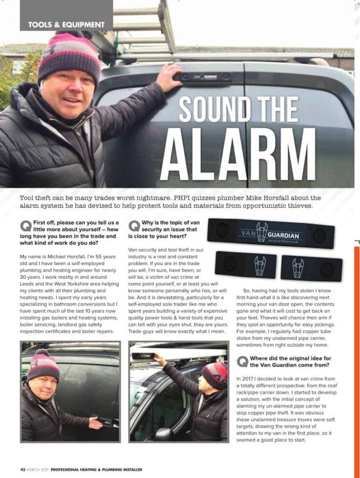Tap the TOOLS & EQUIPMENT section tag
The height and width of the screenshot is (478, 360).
coord(66,24)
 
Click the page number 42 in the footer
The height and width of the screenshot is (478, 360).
coord(22,469)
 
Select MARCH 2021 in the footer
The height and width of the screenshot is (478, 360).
coord(37,469)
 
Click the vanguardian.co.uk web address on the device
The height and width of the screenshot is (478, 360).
coord(280,241)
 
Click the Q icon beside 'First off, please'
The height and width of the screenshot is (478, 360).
coord(26,226)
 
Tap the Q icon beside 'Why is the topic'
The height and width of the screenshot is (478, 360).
coord(134,226)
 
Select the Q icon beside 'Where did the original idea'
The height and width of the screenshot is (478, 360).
coord(242,361)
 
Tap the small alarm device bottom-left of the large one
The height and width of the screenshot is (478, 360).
coord(246,264)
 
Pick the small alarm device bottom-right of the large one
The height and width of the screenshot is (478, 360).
coord(311,268)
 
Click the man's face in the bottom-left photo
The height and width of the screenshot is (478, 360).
coord(43,387)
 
